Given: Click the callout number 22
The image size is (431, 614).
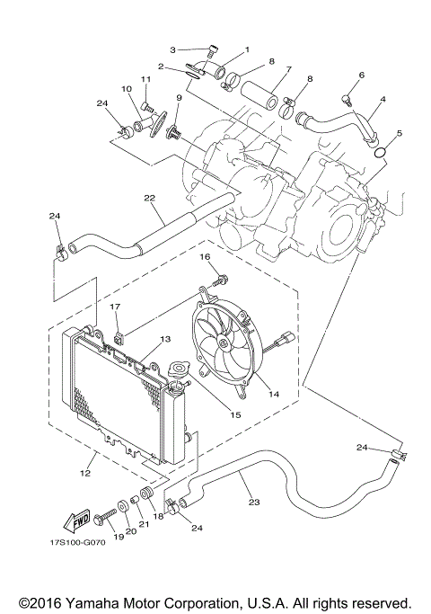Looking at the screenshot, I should [149, 198].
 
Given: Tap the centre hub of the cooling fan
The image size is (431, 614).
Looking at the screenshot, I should [220, 346].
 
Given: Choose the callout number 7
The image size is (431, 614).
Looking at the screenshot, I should [289, 69].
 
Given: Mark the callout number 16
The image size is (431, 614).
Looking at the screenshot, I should [205, 257].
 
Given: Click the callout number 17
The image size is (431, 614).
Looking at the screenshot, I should [115, 307].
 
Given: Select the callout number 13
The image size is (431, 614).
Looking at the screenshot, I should [164, 340].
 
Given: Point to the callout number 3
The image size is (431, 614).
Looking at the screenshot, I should [174, 49].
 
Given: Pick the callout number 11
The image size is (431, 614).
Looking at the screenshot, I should [144, 79].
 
